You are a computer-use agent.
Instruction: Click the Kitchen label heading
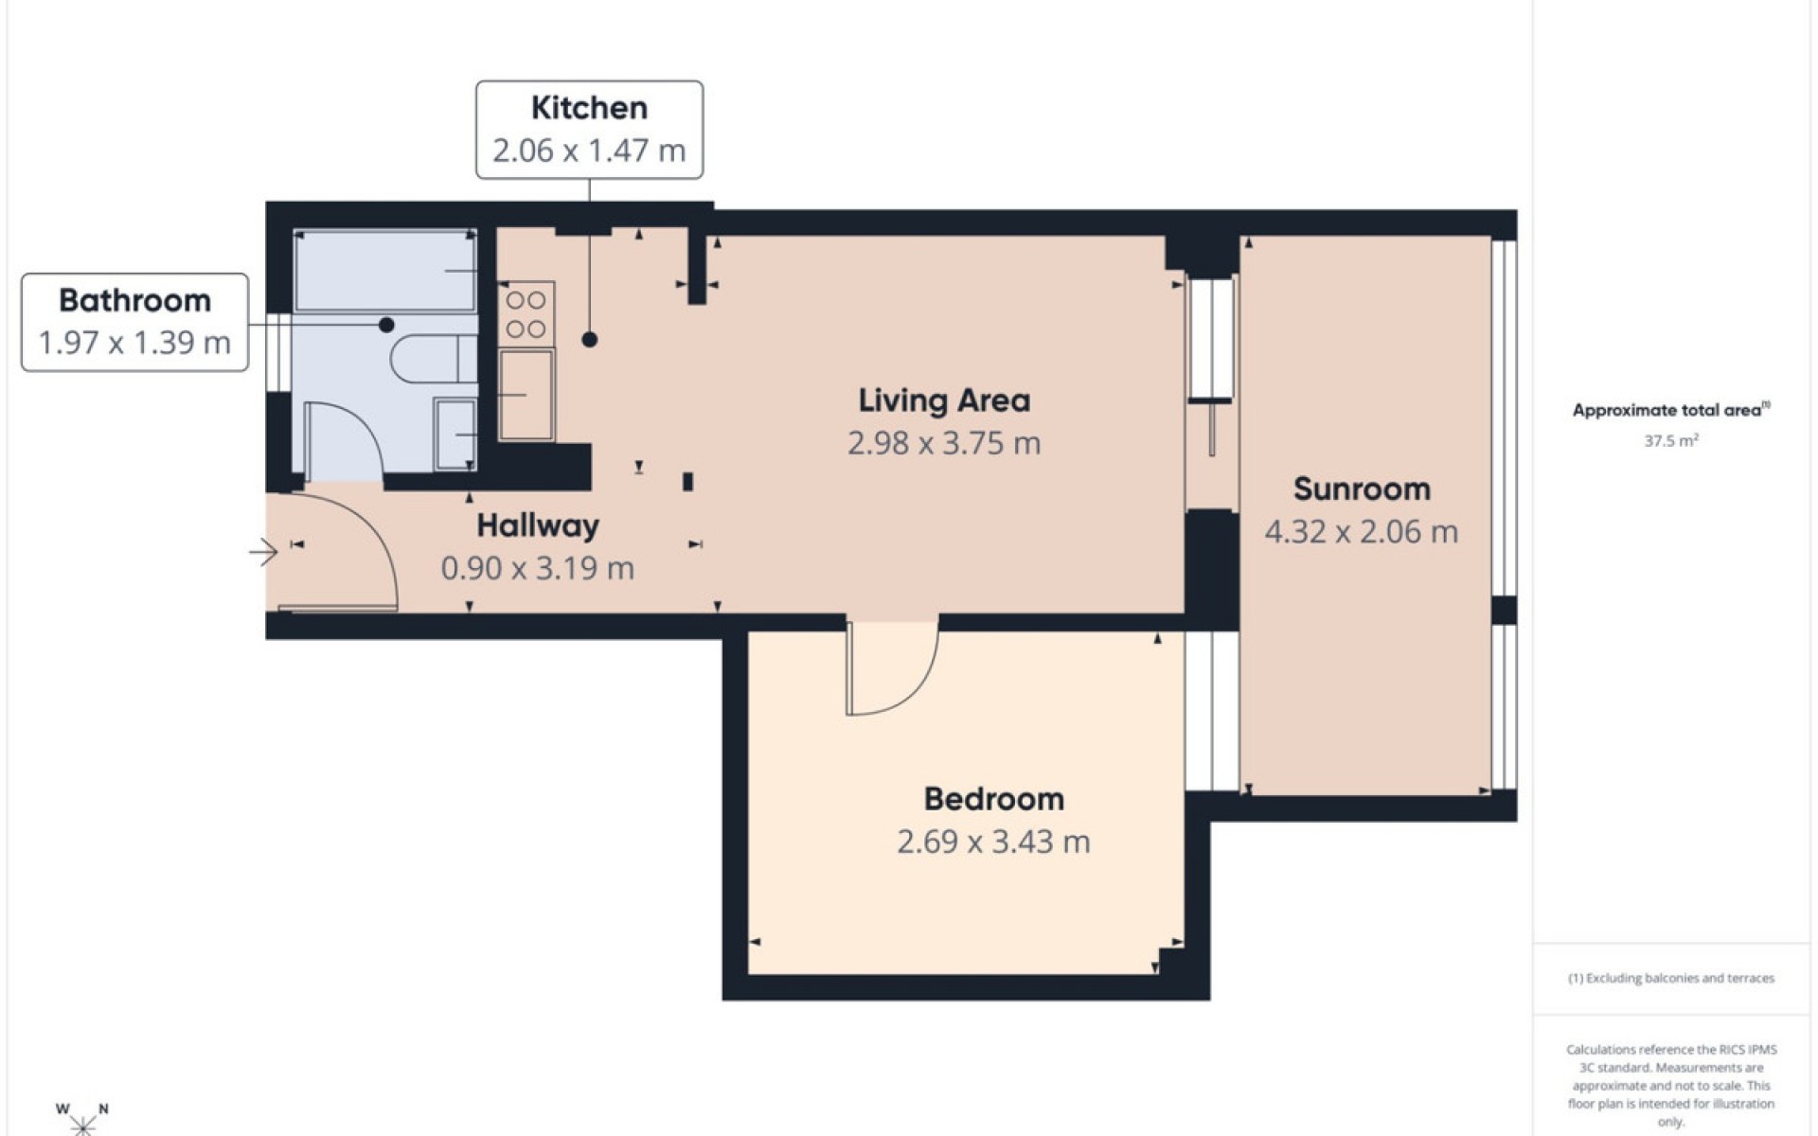click(589, 108)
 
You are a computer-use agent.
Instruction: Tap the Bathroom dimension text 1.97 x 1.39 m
click(134, 342)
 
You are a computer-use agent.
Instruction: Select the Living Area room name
click(944, 400)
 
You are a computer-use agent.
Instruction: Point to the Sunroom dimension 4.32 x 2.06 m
click(1362, 531)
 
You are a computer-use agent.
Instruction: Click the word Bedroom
click(993, 799)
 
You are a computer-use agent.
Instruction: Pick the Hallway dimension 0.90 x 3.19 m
click(538, 568)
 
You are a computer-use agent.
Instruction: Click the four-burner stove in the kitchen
click(526, 314)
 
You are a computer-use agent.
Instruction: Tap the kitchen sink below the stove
click(526, 395)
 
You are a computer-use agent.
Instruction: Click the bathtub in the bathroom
click(385, 271)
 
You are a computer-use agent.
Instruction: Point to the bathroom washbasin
click(455, 434)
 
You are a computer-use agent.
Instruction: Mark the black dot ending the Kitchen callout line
click(590, 339)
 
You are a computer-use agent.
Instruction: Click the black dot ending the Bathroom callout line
click(386, 325)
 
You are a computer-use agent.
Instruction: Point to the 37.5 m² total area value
click(1671, 440)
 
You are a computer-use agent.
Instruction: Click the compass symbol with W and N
click(83, 1119)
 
